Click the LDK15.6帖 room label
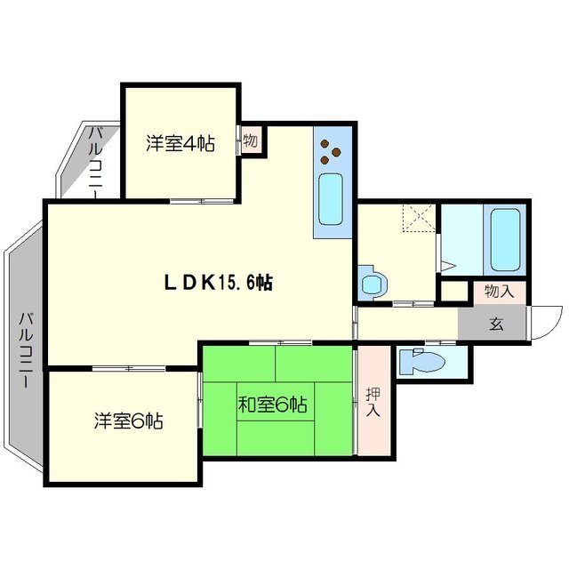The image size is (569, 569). click(x=218, y=283)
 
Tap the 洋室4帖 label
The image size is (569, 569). click(x=180, y=144)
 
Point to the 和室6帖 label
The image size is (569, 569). click(x=272, y=405)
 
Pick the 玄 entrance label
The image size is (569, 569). click(x=494, y=324)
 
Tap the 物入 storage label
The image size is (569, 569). click(x=499, y=291)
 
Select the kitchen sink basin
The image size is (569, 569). click(x=331, y=201)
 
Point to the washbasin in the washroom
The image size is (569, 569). click(x=372, y=284)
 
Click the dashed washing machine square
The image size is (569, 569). click(x=415, y=219)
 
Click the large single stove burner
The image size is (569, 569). click(x=325, y=145)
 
